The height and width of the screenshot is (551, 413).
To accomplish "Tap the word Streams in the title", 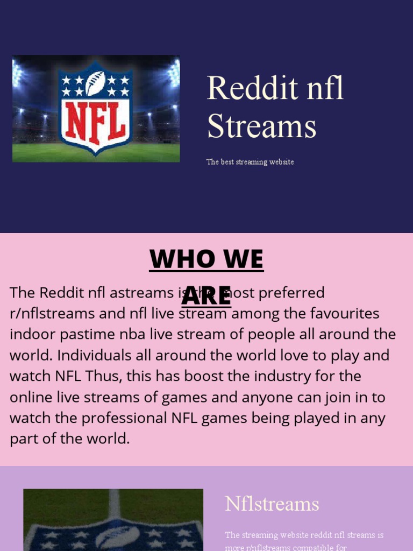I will click(x=262, y=127).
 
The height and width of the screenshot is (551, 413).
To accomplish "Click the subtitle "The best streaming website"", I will click(x=250, y=162).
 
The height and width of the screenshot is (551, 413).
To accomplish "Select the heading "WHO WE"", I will click(x=206, y=259).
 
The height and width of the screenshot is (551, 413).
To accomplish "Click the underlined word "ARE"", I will click(x=206, y=294).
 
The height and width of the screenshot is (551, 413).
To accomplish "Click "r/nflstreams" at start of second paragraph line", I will click(x=52, y=313).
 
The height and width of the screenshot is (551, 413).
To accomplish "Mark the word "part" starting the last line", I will click(x=24, y=439).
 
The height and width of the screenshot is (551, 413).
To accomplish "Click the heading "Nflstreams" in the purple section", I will click(x=272, y=504).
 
